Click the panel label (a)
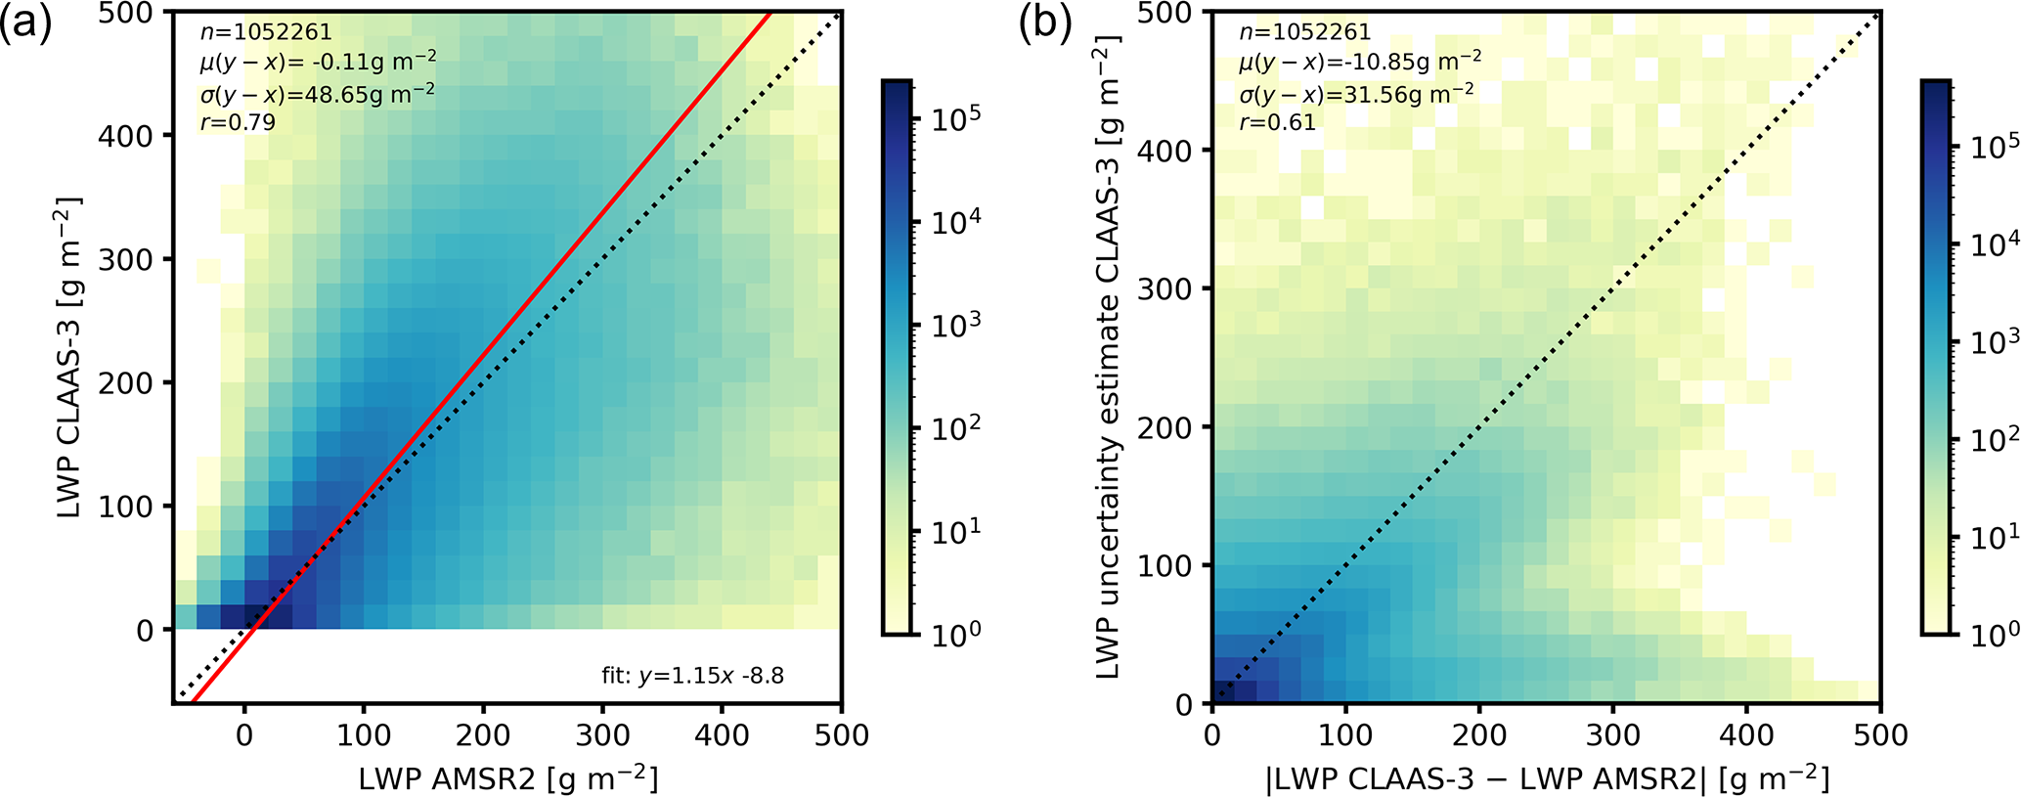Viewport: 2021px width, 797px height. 26,23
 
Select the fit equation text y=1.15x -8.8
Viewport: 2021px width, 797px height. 692,676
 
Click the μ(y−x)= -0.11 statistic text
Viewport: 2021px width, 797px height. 318,63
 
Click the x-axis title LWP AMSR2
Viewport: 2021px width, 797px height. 507,778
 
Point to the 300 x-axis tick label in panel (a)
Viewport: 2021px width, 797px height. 602,734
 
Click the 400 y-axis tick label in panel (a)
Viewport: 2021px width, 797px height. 126,136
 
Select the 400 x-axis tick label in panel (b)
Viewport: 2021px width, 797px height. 1746,734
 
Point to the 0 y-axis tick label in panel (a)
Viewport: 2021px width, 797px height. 145,631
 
